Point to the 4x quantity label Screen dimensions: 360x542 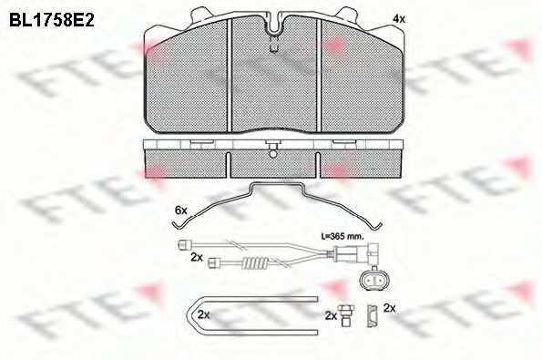pos(397,19)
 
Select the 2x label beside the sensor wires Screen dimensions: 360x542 pos(196,257)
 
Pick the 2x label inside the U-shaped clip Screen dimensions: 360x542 pos(204,315)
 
